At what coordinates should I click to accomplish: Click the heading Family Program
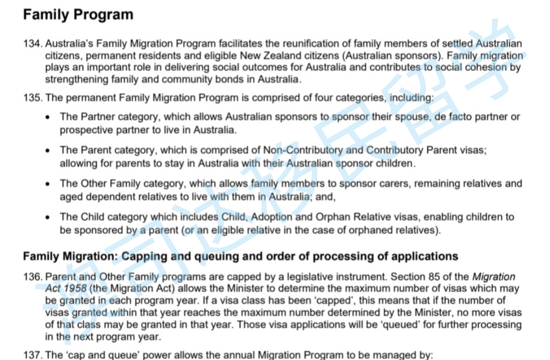pyautogui.click(x=78, y=15)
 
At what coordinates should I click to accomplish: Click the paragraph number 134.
pyautogui.click(x=32, y=44)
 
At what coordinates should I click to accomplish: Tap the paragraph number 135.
pyautogui.click(x=32, y=97)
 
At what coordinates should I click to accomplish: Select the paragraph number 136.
pyautogui.click(x=32, y=277)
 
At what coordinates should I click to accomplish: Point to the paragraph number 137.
pyautogui.click(x=32, y=355)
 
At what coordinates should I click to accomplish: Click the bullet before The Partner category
pyautogui.click(x=48, y=117)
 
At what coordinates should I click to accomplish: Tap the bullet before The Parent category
pyautogui.click(x=48, y=151)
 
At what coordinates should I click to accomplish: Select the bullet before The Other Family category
pyautogui.click(x=48, y=184)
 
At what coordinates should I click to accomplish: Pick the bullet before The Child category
pyautogui.click(x=48, y=217)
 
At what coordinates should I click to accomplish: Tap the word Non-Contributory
pyautogui.click(x=303, y=150)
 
